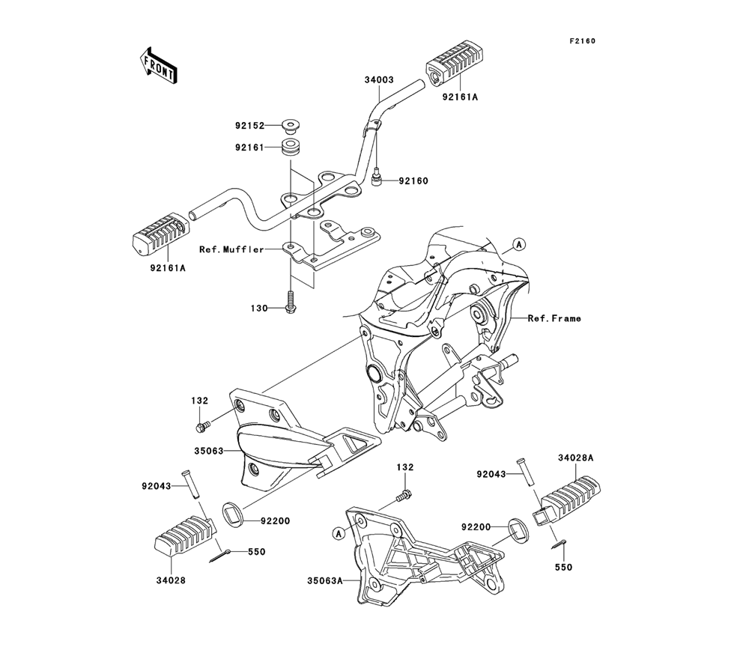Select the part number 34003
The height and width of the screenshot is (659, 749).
tap(379, 79)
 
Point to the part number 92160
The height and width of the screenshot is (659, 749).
tap(413, 180)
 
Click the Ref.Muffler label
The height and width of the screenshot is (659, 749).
tap(231, 249)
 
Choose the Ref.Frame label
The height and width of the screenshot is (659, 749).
tap(554, 318)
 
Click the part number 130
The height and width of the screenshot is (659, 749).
tap(259, 308)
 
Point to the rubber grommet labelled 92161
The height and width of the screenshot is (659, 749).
tap(291, 146)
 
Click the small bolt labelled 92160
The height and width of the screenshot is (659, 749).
tap(379, 179)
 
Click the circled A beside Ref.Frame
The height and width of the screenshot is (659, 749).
tap(518, 244)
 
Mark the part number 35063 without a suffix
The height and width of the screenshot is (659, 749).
tap(210, 452)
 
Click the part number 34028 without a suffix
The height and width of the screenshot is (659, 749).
tap(172, 579)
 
